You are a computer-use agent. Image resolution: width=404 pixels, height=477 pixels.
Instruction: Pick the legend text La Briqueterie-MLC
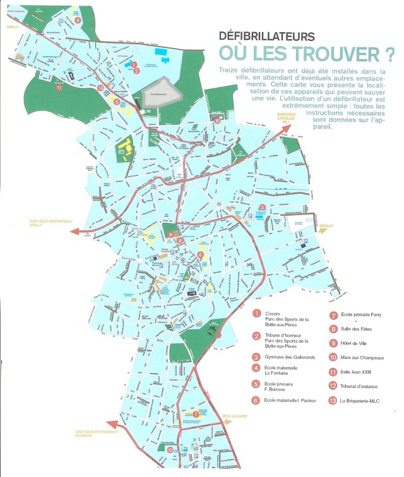pyautogui.click(x=364, y=400)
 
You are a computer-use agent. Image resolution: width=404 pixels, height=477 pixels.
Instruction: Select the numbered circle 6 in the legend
pyautogui.click(x=256, y=400)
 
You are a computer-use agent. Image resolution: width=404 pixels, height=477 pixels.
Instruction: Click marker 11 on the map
pyautogui.click(x=59, y=88)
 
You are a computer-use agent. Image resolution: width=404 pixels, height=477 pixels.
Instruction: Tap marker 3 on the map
pyautogui.click(x=261, y=207)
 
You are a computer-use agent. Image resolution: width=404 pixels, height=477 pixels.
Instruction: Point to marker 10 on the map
pyautogui.click(x=217, y=120)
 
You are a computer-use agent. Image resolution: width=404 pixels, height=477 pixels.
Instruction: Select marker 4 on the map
pyautogui.click(x=77, y=20)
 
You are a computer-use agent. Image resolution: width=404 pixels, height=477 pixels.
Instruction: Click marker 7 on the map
pyautogui.click(x=196, y=415)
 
